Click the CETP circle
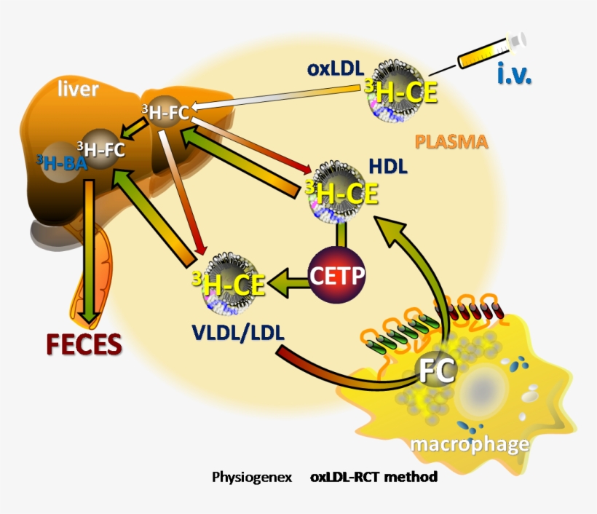pyautogui.click(x=337, y=275)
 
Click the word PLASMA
pyautogui.click(x=451, y=141)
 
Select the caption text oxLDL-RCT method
pyautogui.click(x=373, y=478)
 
